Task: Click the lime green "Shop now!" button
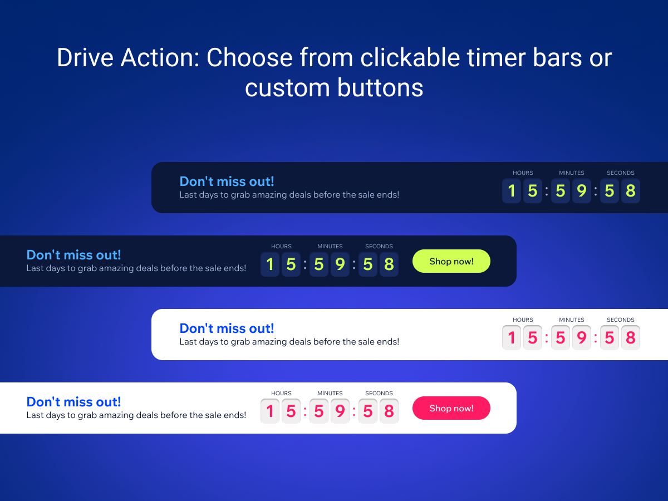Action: pyautogui.click(x=451, y=261)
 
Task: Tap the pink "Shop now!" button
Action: pyautogui.click(x=451, y=408)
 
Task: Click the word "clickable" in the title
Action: pyautogui.click(x=410, y=57)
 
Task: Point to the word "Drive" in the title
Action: pyautogui.click(x=85, y=57)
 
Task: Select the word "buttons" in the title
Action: pyautogui.click(x=380, y=87)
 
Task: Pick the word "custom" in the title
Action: pyautogui.click(x=287, y=88)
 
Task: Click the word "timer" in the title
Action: pyautogui.click(x=496, y=57)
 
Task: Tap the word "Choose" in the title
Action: pyautogui.click(x=249, y=57)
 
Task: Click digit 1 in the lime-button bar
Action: pyautogui.click(x=270, y=264)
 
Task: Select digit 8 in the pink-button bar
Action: pyautogui.click(x=389, y=411)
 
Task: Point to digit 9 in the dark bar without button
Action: pyautogui.click(x=582, y=191)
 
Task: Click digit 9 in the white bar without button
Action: pyautogui.click(x=582, y=338)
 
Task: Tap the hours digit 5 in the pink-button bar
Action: pyautogui.click(x=291, y=411)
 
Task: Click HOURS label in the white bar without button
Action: pyautogui.click(x=523, y=320)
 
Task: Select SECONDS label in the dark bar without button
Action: pyautogui.click(x=621, y=173)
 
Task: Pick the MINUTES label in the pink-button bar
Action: pyautogui.click(x=330, y=393)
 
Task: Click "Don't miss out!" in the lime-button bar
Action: pyautogui.click(x=73, y=255)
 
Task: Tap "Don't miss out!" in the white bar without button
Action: pyautogui.click(x=227, y=328)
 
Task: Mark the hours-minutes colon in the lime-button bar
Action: pyautogui.click(x=305, y=264)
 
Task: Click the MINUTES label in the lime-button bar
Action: pyautogui.click(x=330, y=246)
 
